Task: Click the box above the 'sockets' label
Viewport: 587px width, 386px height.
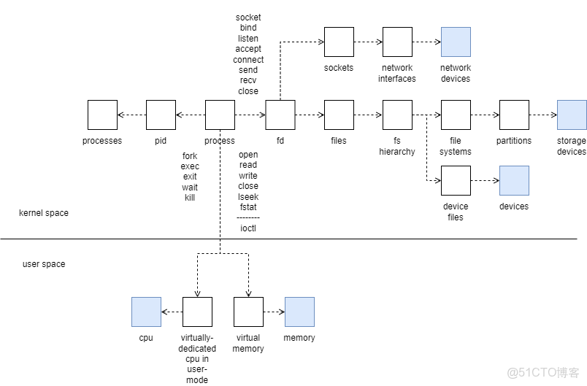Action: pyautogui.click(x=339, y=42)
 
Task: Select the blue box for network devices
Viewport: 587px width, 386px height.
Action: pyautogui.click(x=456, y=42)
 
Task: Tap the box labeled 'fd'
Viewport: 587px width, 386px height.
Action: pyautogui.click(x=280, y=115)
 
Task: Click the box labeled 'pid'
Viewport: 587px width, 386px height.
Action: pyautogui.click(x=161, y=115)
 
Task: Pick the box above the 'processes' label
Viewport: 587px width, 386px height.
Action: pyautogui.click(x=102, y=115)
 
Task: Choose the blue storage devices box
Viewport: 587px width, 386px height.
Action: pyautogui.click(x=572, y=115)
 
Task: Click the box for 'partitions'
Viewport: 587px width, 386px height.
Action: pyautogui.click(x=514, y=115)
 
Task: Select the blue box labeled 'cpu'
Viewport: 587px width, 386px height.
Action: pyautogui.click(x=146, y=312)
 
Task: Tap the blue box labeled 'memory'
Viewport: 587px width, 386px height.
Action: pyautogui.click(x=299, y=312)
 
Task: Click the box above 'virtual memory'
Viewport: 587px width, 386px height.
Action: pyautogui.click(x=248, y=312)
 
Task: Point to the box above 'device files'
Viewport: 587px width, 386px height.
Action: pyautogui.click(x=456, y=180)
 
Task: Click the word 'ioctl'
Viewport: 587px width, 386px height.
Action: pyautogui.click(x=248, y=228)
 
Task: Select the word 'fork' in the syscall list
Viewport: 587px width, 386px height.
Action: pyautogui.click(x=190, y=155)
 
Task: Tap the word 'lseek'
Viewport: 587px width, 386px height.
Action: pyautogui.click(x=248, y=197)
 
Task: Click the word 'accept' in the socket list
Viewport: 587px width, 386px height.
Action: pyautogui.click(x=248, y=49)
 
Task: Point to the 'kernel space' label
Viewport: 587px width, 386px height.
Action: pyautogui.click(x=44, y=213)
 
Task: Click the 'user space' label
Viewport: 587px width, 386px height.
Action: pyautogui.click(x=44, y=264)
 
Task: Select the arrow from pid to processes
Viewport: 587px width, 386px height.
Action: pyautogui.click(x=131, y=115)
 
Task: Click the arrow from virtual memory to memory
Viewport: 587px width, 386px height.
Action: pyautogui.click(x=274, y=312)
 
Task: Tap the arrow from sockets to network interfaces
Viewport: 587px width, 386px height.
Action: pyautogui.click(x=368, y=42)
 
